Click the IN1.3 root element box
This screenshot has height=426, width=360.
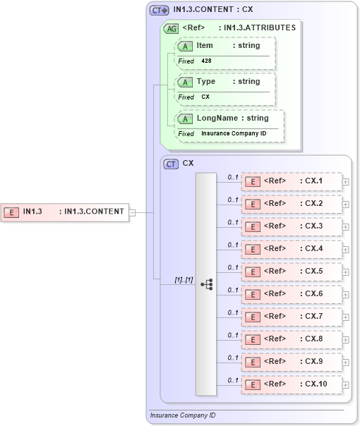[65, 211]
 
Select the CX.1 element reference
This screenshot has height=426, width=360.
[292, 181]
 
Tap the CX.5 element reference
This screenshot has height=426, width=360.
[292, 272]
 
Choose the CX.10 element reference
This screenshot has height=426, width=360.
[292, 384]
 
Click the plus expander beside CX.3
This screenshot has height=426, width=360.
[345, 227]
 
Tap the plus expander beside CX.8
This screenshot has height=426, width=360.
[345, 340]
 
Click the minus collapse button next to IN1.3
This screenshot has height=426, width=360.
[133, 212]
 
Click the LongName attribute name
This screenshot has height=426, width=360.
[217, 118]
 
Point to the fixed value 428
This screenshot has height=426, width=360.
[206, 61]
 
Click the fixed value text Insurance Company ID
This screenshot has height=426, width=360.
[234, 133]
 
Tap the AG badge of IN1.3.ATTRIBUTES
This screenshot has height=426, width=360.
[171, 29]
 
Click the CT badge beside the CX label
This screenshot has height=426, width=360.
[171, 164]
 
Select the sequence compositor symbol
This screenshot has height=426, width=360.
[206, 284]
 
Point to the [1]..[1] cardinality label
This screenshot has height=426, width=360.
[184, 280]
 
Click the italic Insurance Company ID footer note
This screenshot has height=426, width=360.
[183, 415]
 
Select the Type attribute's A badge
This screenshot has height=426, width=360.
[185, 82]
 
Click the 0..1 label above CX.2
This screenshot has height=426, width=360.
[233, 200]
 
